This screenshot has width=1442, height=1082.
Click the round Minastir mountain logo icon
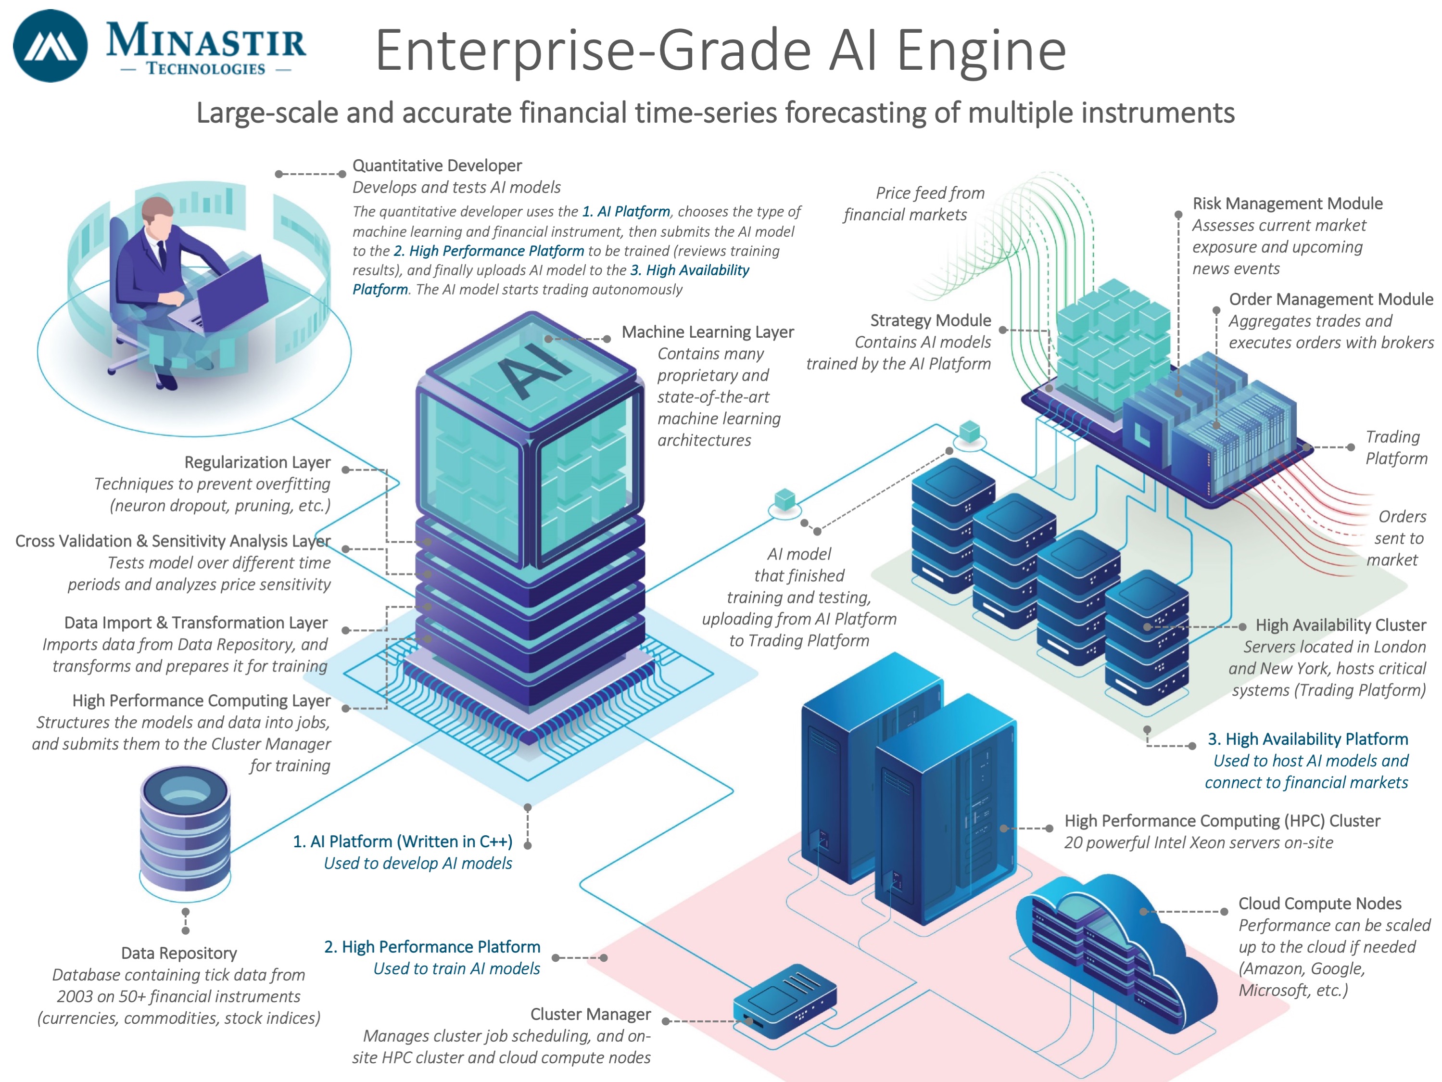coord(50,46)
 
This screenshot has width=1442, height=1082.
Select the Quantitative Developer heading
coord(437,165)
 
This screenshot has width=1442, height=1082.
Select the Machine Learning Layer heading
coord(708,332)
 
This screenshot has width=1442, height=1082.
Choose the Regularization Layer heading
coord(257,462)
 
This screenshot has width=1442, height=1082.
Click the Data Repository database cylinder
coord(185,828)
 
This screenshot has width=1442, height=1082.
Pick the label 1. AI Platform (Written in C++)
coord(402,841)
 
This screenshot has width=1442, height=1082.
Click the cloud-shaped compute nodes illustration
coord(1115,952)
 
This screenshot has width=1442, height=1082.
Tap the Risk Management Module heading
coord(1288,204)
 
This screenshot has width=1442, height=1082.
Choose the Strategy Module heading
coord(930,320)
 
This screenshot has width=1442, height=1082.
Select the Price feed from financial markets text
coord(912,204)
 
